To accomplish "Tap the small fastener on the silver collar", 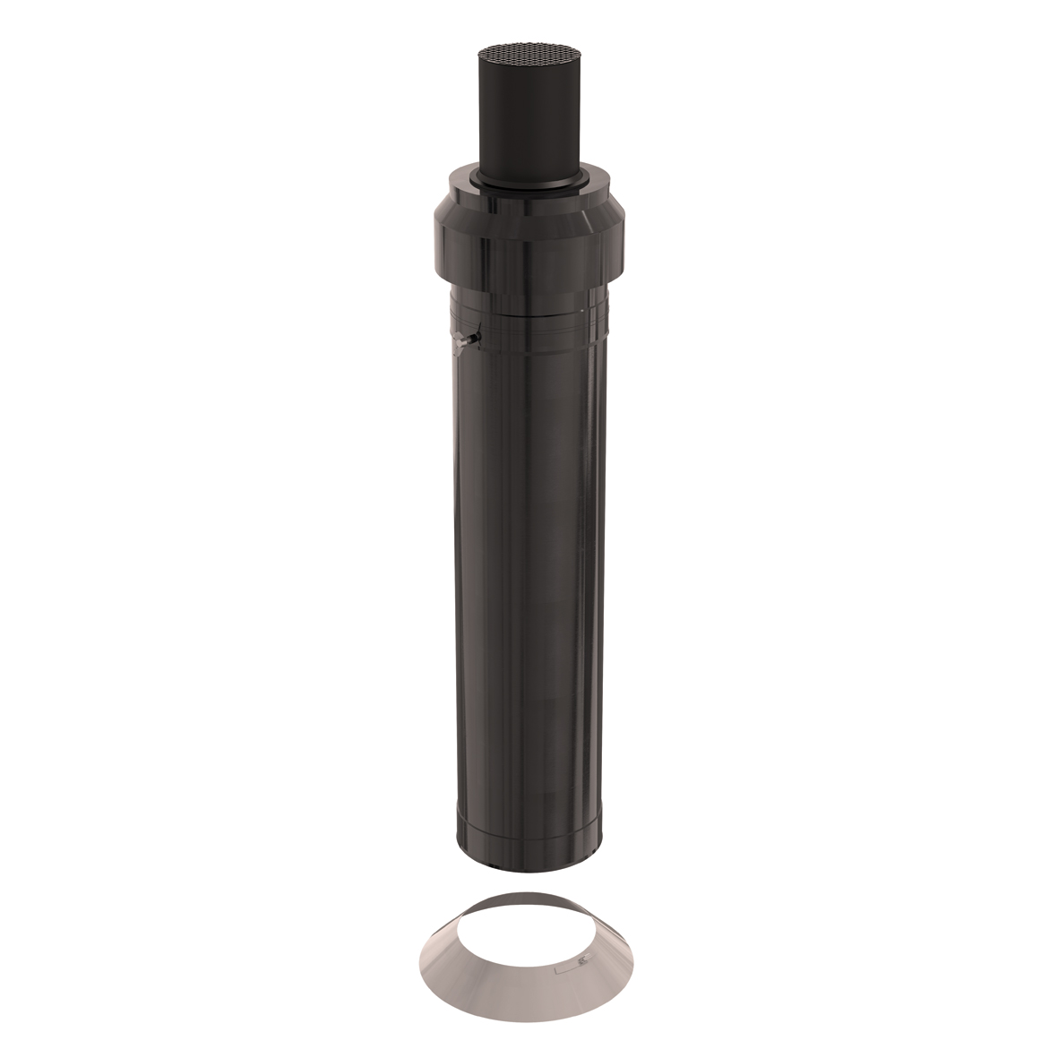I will (581, 963).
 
